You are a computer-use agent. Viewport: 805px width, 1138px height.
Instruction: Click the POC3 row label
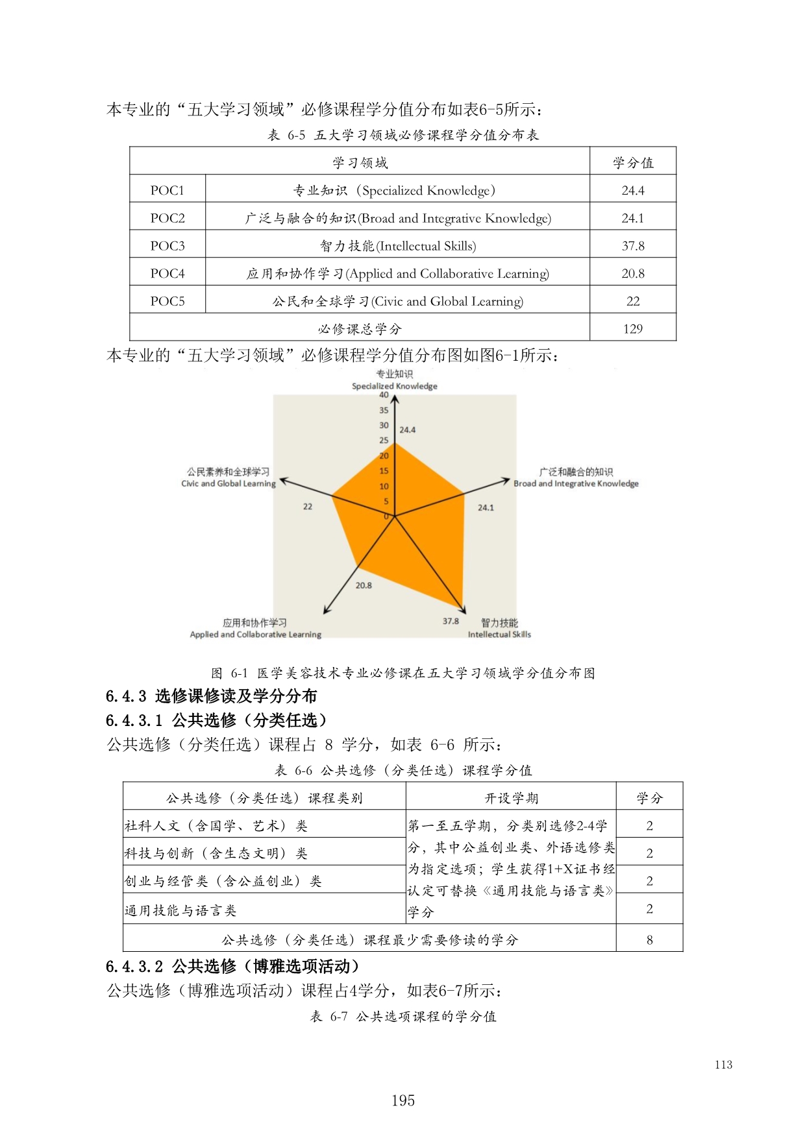(167, 246)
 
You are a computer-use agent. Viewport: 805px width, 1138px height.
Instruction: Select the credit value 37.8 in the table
(632, 246)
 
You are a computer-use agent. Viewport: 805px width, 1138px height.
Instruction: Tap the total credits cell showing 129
(632, 329)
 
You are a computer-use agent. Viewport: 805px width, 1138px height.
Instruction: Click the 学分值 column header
(632, 163)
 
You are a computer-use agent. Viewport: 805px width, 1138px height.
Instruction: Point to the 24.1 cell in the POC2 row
(632, 219)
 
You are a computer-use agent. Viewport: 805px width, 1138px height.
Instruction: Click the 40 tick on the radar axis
(384, 395)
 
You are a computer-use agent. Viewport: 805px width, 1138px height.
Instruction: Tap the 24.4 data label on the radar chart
(408, 430)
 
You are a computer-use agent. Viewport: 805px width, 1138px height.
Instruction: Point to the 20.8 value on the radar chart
(364, 585)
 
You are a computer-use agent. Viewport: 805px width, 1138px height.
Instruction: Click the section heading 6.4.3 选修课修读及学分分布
(211, 696)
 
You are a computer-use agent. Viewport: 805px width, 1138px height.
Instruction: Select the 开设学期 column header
(511, 798)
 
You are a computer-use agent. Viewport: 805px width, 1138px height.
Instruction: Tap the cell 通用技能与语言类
(180, 910)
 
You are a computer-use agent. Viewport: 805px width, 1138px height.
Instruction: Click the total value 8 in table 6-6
(649, 939)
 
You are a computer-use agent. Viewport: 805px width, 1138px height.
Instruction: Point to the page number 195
(402, 1100)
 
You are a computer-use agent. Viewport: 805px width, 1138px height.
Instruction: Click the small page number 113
(723, 1065)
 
